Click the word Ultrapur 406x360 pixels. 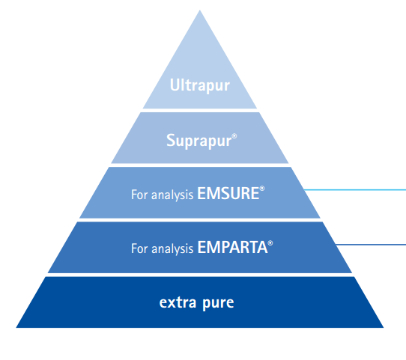(x=200, y=85)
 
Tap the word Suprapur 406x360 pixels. (x=199, y=141)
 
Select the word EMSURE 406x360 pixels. (x=228, y=193)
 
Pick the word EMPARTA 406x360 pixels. (x=232, y=247)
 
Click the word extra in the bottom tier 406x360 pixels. (x=178, y=302)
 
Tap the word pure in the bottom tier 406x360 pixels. (x=218, y=304)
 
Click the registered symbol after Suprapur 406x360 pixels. (x=234, y=136)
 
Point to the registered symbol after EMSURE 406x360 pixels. (x=262, y=189)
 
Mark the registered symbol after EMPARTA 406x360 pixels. (x=270, y=242)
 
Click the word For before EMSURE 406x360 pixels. (x=139, y=195)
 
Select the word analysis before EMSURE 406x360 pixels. (x=172, y=195)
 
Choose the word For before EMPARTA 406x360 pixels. (x=139, y=248)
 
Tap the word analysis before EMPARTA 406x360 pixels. (x=172, y=249)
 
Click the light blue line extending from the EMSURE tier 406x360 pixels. (x=355, y=190)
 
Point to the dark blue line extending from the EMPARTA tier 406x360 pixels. (x=371, y=245)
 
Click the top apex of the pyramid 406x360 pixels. (x=200, y=10)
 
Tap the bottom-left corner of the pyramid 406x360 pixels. (x=16, y=327)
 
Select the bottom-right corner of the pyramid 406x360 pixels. (x=384, y=327)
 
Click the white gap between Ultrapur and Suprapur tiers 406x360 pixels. (x=200, y=111)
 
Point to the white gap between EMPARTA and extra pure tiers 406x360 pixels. (x=200, y=275)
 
